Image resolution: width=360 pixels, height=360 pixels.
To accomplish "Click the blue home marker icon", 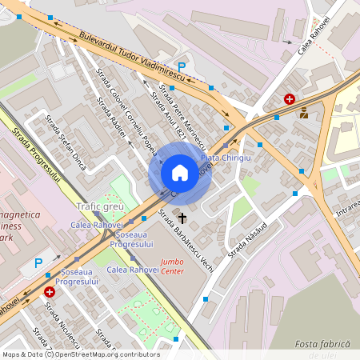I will point(180,173).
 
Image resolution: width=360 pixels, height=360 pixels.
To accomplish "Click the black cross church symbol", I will point(182,218).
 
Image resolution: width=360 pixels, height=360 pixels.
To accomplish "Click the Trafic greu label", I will point(98,206).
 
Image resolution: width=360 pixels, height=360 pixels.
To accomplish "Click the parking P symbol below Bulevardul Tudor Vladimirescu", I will point(182,67).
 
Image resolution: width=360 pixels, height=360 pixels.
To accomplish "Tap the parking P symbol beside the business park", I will point(38,262).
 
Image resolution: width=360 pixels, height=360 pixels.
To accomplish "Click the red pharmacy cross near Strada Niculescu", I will point(50,294).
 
